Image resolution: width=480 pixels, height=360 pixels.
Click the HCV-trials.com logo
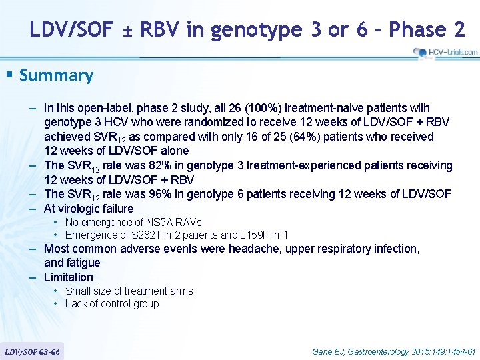pyautogui.click(x=445, y=52)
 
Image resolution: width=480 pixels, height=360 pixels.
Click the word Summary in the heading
pyautogui.click(x=57, y=75)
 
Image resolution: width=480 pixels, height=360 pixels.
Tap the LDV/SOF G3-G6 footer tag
pyautogui.click(x=33, y=351)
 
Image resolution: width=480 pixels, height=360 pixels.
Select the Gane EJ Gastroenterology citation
pyautogui.click(x=393, y=351)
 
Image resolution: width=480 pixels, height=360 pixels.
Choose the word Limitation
pyautogui.click(x=69, y=277)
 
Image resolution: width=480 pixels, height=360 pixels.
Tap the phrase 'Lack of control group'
pyautogui.click(x=112, y=304)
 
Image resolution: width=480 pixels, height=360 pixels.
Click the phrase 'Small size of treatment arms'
pyautogui.click(x=129, y=291)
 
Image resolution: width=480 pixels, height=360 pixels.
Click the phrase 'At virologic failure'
pyautogui.click(x=89, y=209)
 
